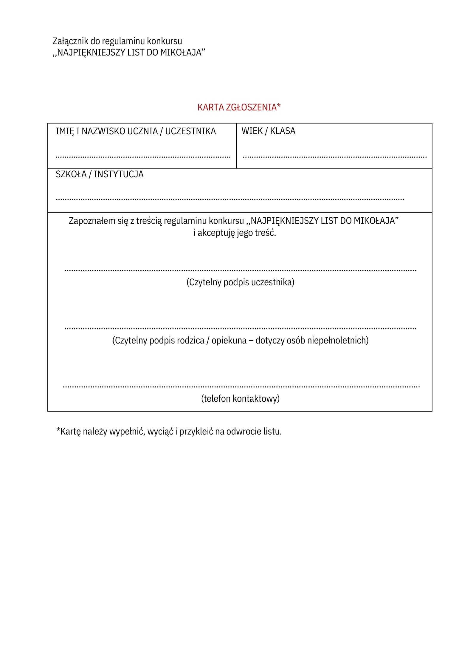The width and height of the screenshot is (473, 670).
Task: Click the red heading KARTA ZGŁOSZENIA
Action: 239,107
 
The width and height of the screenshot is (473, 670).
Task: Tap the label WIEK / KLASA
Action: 268,131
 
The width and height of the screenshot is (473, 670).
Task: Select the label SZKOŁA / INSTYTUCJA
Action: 100,174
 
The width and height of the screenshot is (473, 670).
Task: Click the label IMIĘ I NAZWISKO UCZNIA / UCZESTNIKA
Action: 136,131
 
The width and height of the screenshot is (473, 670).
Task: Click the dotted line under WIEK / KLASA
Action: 335,157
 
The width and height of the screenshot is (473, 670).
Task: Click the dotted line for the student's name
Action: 143,157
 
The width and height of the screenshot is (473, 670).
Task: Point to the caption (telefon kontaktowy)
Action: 240,398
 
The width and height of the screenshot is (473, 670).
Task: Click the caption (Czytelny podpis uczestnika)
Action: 240,282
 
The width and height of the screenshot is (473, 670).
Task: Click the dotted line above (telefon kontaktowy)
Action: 241,387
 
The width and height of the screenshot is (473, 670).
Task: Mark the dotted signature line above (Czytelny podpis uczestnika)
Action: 240,270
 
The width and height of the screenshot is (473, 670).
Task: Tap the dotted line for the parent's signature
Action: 240,329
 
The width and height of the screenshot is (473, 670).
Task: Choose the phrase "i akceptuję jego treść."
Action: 235,233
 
